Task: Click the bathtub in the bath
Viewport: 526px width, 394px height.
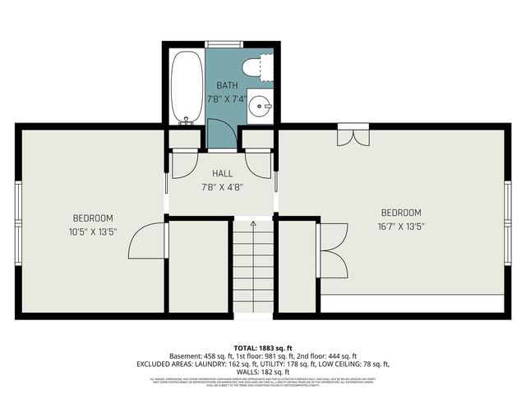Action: (187, 86)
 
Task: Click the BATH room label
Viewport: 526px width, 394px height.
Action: (227, 86)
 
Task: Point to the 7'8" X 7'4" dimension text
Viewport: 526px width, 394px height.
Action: (227, 99)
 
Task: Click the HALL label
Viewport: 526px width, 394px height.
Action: (222, 174)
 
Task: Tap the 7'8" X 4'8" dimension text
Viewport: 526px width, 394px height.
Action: (222, 187)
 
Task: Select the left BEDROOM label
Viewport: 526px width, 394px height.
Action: (93, 218)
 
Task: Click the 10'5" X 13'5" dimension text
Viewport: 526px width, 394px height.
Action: (93, 231)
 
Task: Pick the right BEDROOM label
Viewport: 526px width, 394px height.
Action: (400, 213)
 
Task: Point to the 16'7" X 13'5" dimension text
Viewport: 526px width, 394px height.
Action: (400, 226)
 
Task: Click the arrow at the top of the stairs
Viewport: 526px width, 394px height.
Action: (253, 222)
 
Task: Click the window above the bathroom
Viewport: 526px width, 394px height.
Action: (224, 43)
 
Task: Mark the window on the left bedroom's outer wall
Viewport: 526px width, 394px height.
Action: (17, 219)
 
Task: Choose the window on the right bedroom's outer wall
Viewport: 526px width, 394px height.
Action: (507, 220)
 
